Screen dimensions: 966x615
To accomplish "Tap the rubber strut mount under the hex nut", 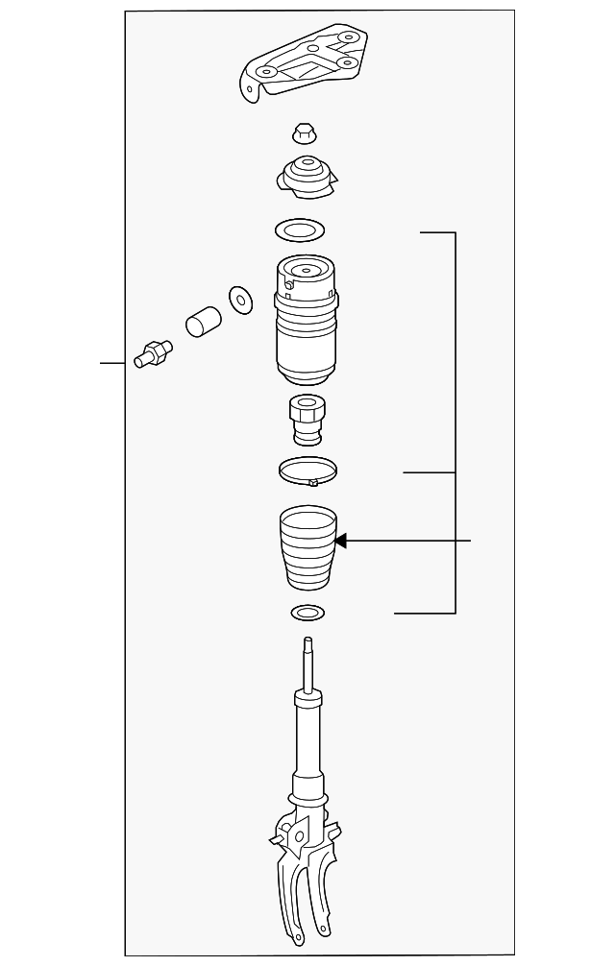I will coord(305,177).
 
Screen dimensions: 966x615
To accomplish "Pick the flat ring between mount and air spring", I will coord(299,230).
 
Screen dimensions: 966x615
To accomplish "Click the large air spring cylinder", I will coord(305,326).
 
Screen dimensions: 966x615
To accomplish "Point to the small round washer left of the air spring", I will coord(238,299).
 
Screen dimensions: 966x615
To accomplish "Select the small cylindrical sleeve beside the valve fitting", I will coord(202,321).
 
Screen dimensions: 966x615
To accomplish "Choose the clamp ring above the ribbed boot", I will coord(307,471).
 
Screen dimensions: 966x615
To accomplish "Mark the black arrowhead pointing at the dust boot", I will coord(340,542).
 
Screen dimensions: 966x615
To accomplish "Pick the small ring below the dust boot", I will coord(306,612).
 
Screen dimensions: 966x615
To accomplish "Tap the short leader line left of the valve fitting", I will coord(113,363).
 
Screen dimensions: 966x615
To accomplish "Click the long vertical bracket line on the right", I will coord(455,423).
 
